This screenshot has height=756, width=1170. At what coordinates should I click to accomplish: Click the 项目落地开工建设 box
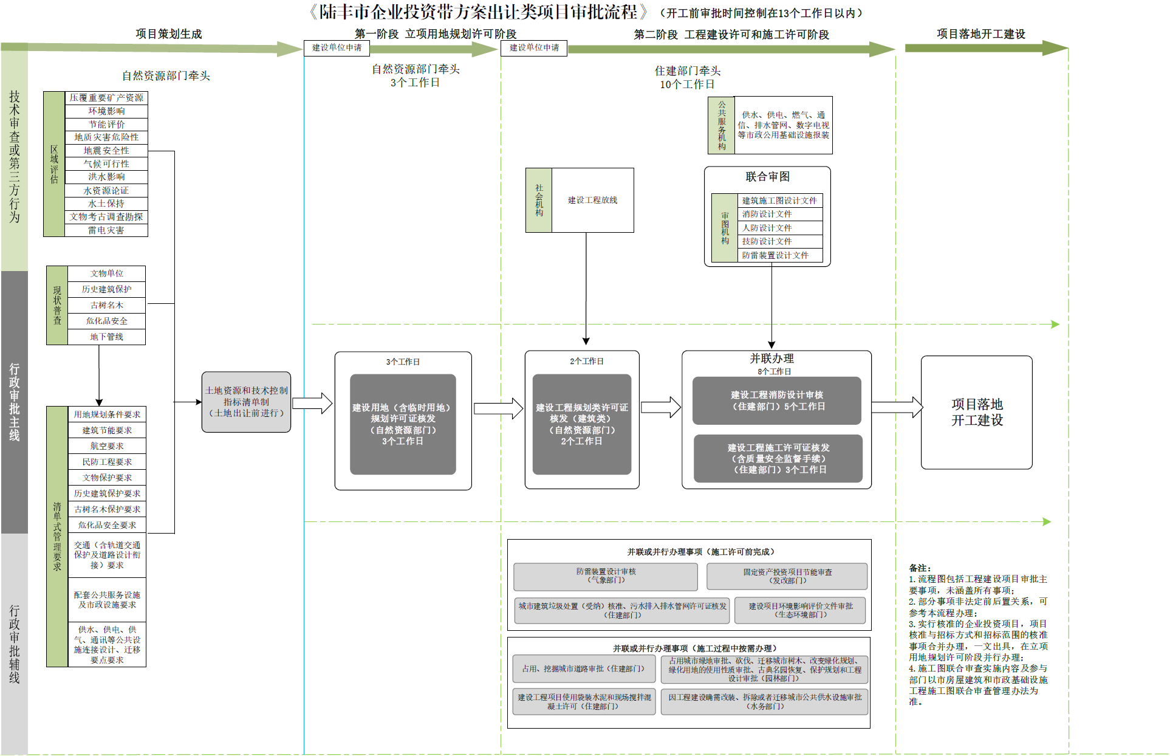click(976, 412)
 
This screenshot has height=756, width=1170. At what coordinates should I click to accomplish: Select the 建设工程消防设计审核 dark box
click(776, 400)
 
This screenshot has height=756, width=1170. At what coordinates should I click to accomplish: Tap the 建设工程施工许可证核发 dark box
click(778, 458)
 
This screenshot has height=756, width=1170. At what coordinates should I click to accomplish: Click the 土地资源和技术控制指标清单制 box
click(246, 402)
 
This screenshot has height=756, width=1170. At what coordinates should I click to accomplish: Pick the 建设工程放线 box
click(592, 200)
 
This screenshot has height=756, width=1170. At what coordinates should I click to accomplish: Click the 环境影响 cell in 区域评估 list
click(106, 111)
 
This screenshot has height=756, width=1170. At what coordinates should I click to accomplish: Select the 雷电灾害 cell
click(106, 230)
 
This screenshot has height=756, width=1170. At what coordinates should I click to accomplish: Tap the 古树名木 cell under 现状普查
click(106, 305)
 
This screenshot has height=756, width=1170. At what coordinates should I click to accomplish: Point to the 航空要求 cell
click(107, 446)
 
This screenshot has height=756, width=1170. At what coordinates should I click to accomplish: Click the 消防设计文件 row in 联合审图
click(780, 214)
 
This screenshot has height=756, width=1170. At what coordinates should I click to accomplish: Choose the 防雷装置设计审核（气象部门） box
click(605, 576)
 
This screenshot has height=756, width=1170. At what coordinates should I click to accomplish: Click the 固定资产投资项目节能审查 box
click(787, 576)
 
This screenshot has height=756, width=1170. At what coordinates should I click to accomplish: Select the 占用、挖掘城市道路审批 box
click(584, 668)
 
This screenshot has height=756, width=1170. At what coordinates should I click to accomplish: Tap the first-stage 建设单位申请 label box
click(337, 47)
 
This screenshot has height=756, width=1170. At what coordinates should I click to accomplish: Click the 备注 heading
click(920, 568)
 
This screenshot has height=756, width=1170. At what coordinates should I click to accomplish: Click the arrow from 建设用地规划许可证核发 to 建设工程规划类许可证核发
click(498, 408)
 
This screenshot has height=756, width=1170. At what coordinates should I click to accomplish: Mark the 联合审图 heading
click(767, 177)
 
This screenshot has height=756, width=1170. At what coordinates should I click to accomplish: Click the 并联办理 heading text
click(771, 359)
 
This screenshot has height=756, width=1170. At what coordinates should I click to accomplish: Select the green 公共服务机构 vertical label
click(721, 125)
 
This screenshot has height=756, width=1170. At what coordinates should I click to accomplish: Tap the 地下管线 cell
click(106, 337)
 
